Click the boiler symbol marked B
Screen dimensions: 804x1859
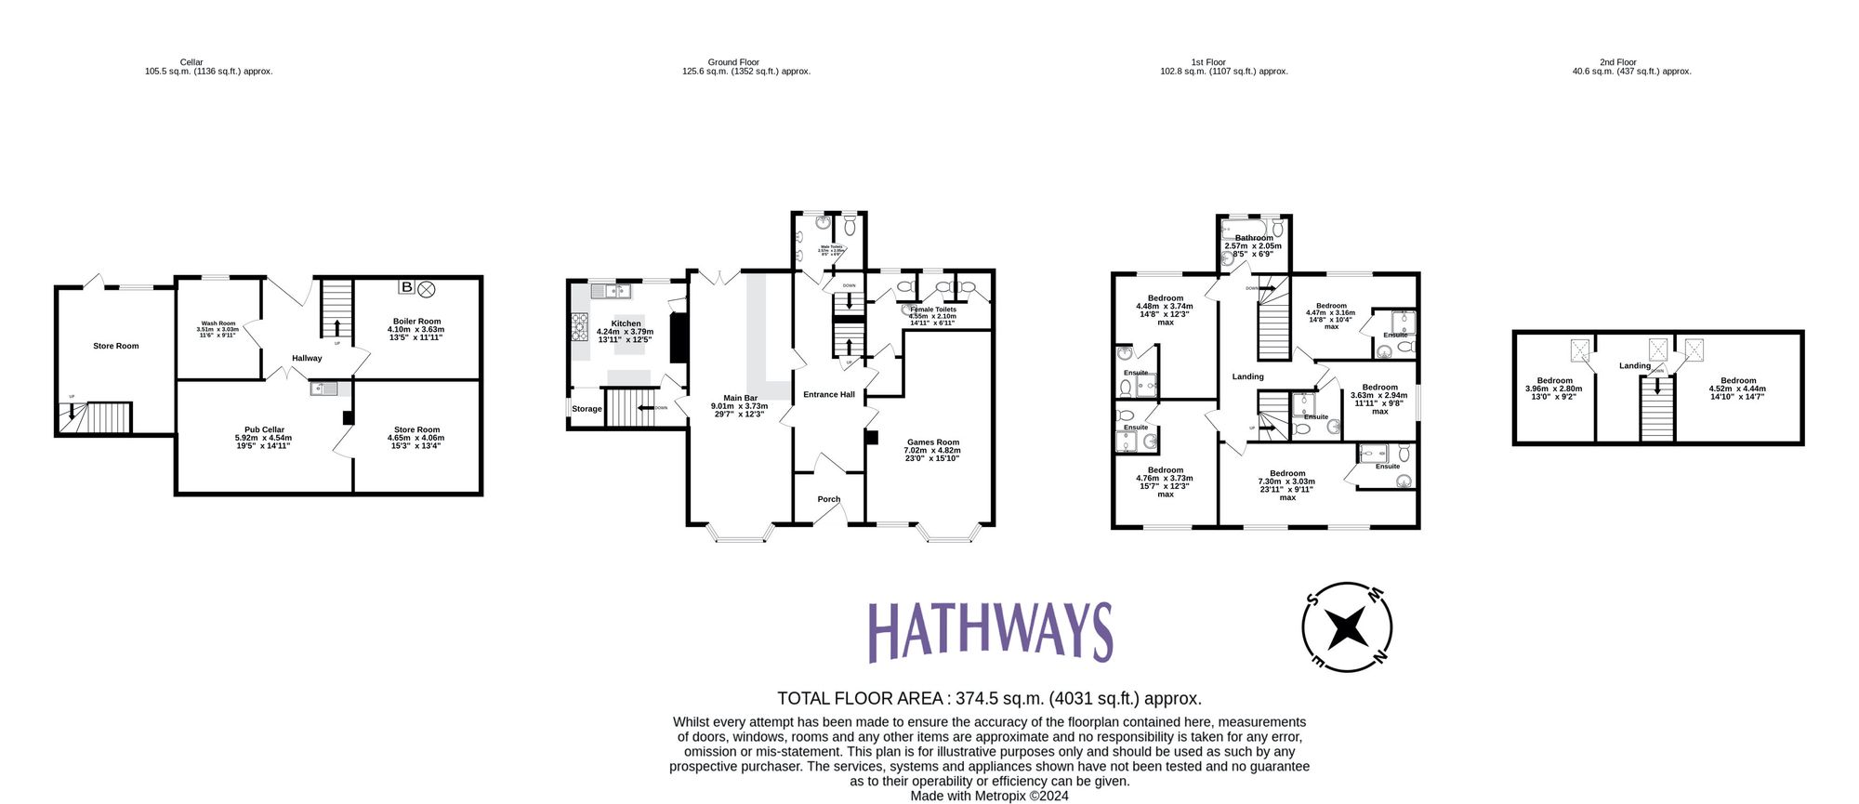406,288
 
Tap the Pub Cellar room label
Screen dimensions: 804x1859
265,430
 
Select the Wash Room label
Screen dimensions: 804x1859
218,323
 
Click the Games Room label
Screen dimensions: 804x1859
932,442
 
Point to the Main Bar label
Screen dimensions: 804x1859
740,398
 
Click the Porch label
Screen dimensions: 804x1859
828,499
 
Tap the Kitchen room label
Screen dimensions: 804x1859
626,323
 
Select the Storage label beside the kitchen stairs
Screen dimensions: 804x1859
587,409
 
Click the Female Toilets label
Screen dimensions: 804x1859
932,310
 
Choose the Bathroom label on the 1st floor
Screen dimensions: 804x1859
1254,238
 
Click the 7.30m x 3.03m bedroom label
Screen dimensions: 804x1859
1287,473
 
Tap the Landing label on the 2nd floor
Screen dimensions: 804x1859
1634,365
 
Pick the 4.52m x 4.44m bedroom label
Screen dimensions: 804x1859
1737,380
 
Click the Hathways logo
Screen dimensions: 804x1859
990,631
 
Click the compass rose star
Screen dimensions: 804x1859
1347,627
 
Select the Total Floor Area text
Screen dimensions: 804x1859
989,698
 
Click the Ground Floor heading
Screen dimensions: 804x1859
733,62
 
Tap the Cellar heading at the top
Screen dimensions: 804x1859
191,62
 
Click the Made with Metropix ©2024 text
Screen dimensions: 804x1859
989,796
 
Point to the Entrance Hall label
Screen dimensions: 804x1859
828,394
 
